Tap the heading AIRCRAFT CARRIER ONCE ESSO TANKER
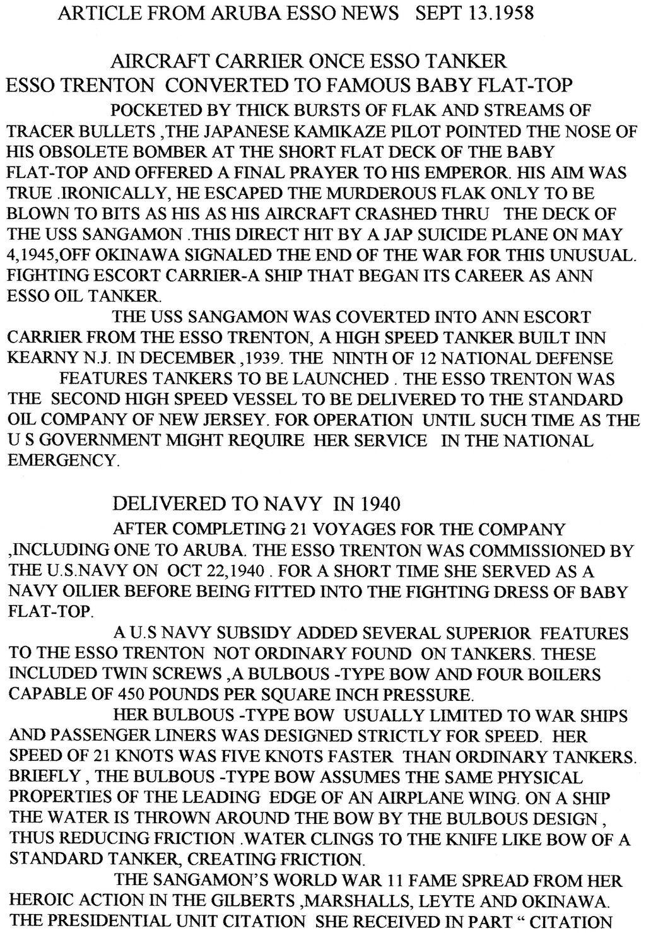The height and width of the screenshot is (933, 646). pyautogui.click(x=308, y=62)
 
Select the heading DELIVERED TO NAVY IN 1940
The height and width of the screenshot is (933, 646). pyautogui.click(x=255, y=504)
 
